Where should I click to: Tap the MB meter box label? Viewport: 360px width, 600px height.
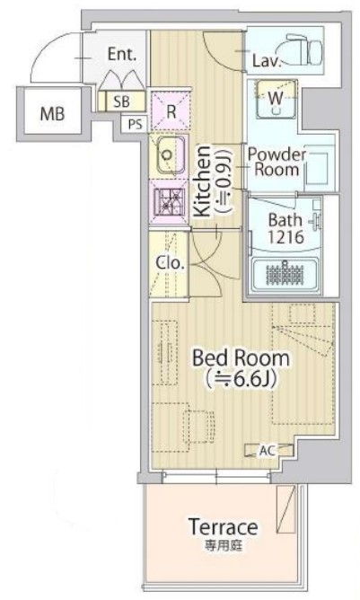pyautogui.click(x=53, y=114)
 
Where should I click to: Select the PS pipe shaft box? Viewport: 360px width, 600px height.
pyautogui.click(x=135, y=124)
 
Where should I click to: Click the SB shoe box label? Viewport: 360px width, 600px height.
pyautogui.click(x=122, y=101)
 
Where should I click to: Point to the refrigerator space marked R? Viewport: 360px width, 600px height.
pyautogui.click(x=171, y=111)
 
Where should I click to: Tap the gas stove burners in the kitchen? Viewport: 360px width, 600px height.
pyautogui.click(x=171, y=200)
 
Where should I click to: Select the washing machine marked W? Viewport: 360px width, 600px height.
pyautogui.click(x=276, y=99)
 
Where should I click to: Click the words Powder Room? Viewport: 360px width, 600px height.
pyautogui.click(x=277, y=162)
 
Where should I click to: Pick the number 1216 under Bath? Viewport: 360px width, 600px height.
pyautogui.click(x=285, y=237)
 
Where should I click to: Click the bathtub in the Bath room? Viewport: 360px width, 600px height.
pyautogui.click(x=285, y=273)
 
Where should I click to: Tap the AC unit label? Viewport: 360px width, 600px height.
pyautogui.click(x=268, y=450)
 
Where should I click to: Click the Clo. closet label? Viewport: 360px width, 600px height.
pyautogui.click(x=171, y=263)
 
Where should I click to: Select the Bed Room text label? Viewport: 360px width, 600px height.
pyautogui.click(x=241, y=357)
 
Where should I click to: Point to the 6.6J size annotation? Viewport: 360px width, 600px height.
pyautogui.click(x=241, y=380)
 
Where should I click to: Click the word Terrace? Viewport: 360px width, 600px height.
pyautogui.click(x=224, y=527)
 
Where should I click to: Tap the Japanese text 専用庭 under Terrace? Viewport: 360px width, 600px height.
pyautogui.click(x=224, y=545)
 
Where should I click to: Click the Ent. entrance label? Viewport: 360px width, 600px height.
pyautogui.click(x=122, y=54)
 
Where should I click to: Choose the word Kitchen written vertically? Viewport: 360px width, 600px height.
pyautogui.click(x=202, y=181)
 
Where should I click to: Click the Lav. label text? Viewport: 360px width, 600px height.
pyautogui.click(x=267, y=60)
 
